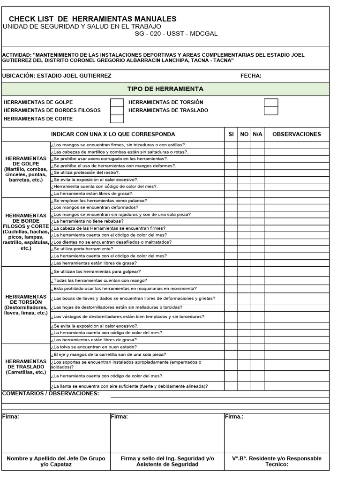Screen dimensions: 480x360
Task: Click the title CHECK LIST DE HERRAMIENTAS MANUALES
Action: click(x=93, y=19)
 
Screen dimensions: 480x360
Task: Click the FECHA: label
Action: click(x=251, y=76)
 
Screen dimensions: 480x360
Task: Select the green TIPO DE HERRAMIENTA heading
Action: click(x=165, y=89)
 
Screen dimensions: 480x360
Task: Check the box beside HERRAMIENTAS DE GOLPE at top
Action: click(x=117, y=102)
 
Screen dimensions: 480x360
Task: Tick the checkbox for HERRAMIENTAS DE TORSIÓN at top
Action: click(x=270, y=102)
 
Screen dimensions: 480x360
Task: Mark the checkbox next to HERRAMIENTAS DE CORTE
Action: click(x=117, y=119)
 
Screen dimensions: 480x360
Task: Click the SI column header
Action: click(x=231, y=134)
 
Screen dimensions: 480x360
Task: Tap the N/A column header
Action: click(x=257, y=134)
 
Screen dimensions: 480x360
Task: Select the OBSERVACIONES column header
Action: click(x=296, y=134)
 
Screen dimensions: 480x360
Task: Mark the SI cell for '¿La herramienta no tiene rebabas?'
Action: click(x=231, y=221)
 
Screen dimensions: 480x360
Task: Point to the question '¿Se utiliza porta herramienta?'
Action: click(x=82, y=249)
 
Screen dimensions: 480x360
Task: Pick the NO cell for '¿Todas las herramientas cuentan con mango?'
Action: click(x=244, y=280)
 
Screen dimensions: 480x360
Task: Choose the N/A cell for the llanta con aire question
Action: click(x=257, y=386)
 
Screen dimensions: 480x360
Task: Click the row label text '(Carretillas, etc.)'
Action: click(x=26, y=372)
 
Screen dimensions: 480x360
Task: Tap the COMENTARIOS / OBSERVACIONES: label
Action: click(x=51, y=394)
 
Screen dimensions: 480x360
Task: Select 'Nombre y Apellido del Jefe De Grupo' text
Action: click(x=56, y=458)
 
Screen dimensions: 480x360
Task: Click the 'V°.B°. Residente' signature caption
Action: click(x=277, y=458)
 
